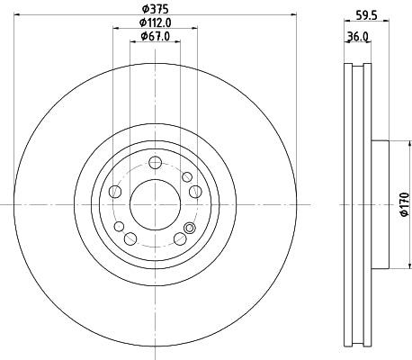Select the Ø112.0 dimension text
(157, 22)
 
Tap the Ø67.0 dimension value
(157, 36)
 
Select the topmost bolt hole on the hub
(155, 163)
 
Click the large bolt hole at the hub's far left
(115, 192)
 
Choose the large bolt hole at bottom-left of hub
(131, 238)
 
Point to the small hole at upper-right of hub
(186, 176)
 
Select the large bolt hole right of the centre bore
(196, 191)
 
